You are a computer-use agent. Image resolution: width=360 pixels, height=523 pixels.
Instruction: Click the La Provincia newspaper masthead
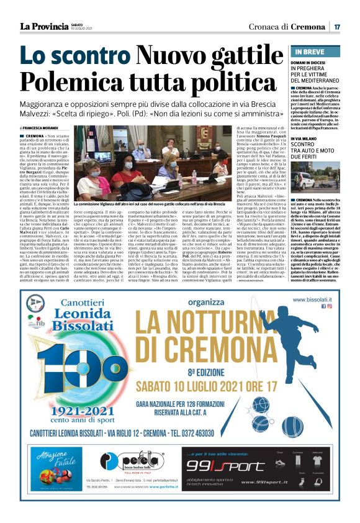[43, 26]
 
